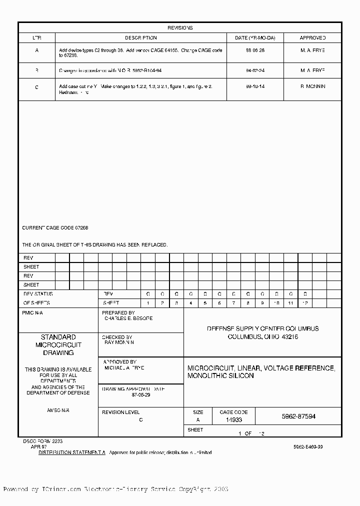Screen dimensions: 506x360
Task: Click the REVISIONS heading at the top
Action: point(180,28)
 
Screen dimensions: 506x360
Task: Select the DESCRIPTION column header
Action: point(140,38)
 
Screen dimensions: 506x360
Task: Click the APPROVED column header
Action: point(312,38)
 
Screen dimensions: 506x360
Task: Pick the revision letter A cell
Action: point(36,50)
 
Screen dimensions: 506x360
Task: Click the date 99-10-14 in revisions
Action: point(255,86)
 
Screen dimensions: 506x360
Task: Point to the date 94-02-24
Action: point(255,70)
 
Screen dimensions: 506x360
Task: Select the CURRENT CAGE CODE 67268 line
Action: point(55,228)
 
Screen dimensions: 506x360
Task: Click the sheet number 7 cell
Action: point(233,303)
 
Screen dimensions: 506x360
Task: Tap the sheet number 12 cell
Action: point(305,303)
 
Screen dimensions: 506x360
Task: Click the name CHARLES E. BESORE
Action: point(128,318)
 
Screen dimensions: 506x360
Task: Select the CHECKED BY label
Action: point(117,337)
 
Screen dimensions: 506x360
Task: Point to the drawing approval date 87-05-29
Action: point(140,394)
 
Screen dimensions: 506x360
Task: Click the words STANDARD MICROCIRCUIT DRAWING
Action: point(58,345)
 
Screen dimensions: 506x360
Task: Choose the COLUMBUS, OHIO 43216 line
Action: point(263,337)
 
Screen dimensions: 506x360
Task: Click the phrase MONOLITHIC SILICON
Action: point(220,376)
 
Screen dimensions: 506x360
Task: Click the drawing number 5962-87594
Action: point(298,416)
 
